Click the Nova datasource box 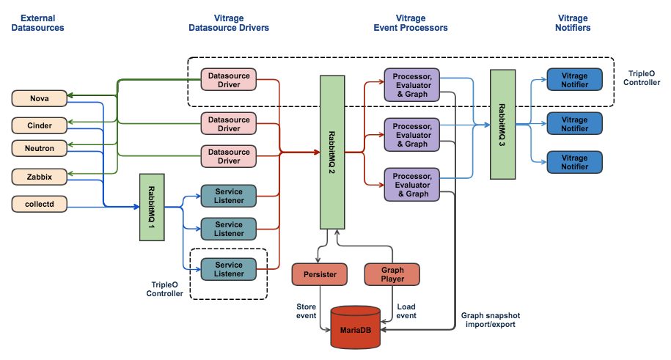point(39,98)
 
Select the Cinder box point(39,125)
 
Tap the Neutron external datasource point(39,148)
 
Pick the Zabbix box point(39,177)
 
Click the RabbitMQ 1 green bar point(151,207)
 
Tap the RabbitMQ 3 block point(502,124)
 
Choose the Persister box point(320,274)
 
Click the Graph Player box point(392,274)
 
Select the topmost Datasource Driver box point(229,79)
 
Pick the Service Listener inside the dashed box point(229,269)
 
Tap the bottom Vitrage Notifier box point(574,162)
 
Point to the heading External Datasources point(43,22)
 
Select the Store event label point(307,311)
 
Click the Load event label point(406,311)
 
